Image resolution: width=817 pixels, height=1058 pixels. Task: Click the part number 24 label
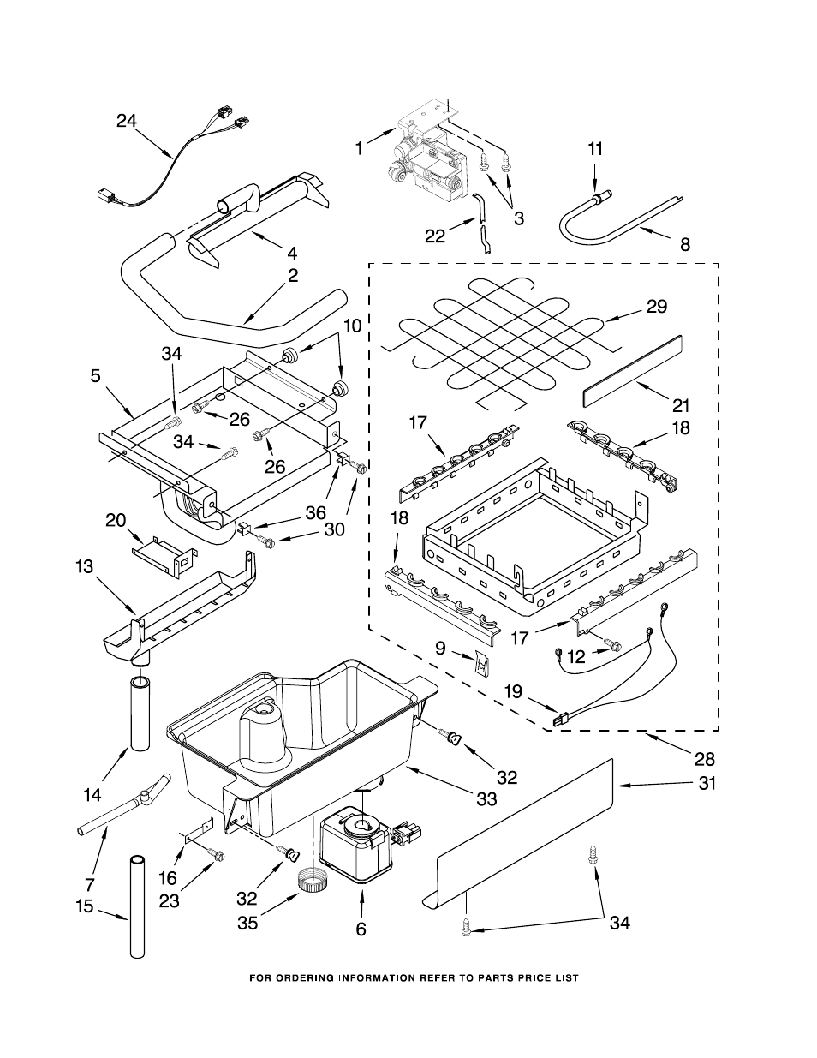pos(126,121)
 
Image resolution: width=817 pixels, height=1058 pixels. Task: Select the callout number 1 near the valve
pos(359,148)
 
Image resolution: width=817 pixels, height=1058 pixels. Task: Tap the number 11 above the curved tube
pos(595,148)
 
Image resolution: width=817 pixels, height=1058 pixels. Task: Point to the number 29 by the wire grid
pos(657,306)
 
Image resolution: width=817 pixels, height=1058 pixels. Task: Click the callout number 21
pos(681,405)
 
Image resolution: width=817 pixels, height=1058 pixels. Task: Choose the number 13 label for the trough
pos(84,566)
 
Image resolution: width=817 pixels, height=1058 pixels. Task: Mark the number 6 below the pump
pos(361,929)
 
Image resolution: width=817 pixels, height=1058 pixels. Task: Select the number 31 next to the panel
pos(707,782)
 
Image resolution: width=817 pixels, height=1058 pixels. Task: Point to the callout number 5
pos(95,374)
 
